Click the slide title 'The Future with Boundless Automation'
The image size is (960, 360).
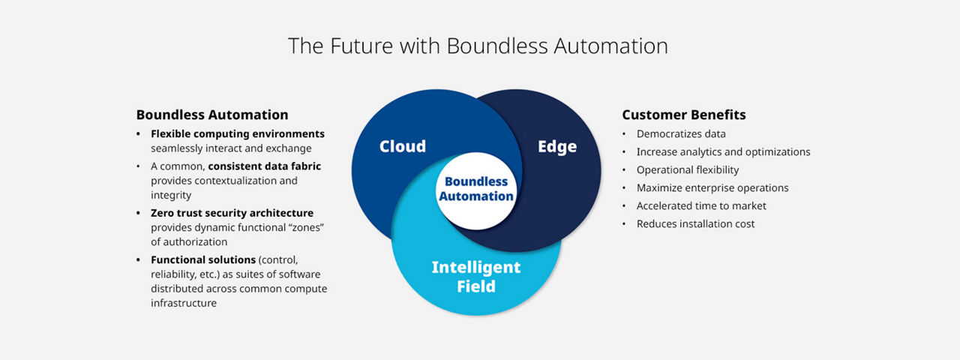tap(478, 46)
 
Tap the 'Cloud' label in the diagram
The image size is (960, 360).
tap(402, 146)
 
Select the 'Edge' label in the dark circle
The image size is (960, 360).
tap(556, 146)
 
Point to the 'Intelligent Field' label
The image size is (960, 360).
tap(475, 276)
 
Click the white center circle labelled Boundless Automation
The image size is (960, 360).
tap(475, 189)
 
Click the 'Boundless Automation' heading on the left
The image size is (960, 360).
tap(212, 115)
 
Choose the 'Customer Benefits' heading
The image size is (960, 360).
tap(684, 115)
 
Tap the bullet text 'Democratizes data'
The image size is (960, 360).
tap(681, 134)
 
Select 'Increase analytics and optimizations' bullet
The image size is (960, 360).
tap(723, 152)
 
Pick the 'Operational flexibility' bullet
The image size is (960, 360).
tap(688, 170)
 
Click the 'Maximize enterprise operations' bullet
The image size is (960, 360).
tap(712, 188)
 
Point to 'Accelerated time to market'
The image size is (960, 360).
tap(701, 206)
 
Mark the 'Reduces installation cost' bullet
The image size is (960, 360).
tap(695, 224)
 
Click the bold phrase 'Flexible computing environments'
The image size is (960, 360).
tap(238, 134)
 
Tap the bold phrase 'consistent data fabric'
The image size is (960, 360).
tap(264, 166)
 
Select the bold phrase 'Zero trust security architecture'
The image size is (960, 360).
tap(232, 213)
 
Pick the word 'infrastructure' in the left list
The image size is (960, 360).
tap(184, 303)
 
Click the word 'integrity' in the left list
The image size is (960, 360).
tap(172, 196)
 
